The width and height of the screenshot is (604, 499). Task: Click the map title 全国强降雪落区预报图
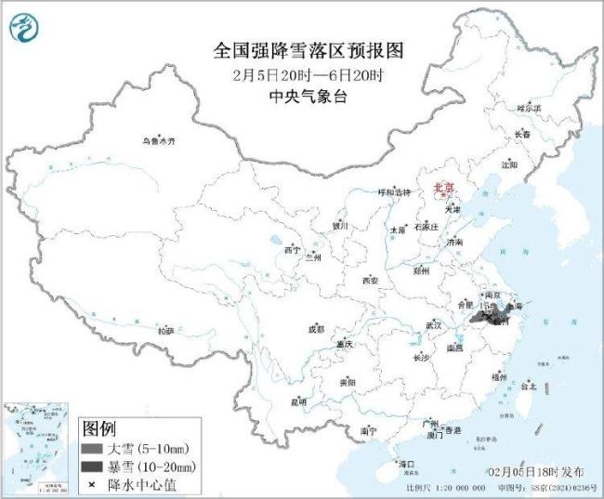pyautogui.click(x=301, y=49)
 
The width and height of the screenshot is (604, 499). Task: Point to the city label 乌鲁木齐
pyautogui.click(x=158, y=141)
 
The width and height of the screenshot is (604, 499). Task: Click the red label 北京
pyautogui.click(x=445, y=189)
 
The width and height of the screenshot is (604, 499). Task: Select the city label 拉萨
pyautogui.click(x=164, y=331)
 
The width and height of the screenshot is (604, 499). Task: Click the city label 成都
pyautogui.click(x=316, y=329)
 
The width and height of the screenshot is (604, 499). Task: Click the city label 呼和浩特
pyautogui.click(x=392, y=192)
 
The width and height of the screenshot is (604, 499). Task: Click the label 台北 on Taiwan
pyautogui.click(x=529, y=386)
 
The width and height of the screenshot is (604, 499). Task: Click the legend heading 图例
pyautogui.click(x=98, y=428)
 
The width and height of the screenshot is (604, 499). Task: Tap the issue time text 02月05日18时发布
pyautogui.click(x=540, y=472)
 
